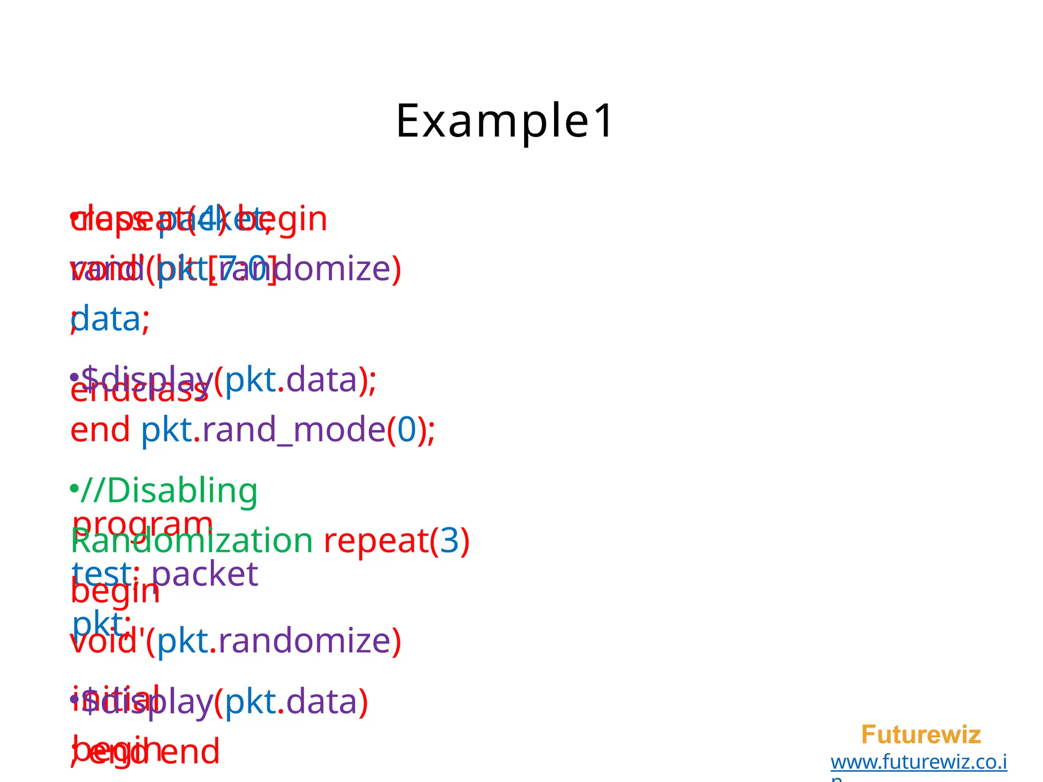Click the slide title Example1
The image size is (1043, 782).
pos(505,121)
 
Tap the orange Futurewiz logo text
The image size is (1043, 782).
pos(920,735)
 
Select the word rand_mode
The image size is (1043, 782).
pos(294,429)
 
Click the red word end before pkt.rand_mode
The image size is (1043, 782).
pos(100,429)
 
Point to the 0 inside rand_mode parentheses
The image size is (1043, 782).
pos(406,429)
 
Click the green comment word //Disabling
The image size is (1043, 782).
pos(169,491)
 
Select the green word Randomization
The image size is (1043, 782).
pos(191,541)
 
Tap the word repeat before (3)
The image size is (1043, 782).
pos(376,541)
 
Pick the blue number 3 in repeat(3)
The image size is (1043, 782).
pos(449,541)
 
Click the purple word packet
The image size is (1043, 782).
pos(205,574)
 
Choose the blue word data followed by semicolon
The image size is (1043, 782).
pos(106,319)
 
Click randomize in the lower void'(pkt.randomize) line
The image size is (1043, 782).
pos(304,640)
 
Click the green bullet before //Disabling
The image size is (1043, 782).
pos(74,489)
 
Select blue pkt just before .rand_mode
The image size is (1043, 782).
pos(167,429)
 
